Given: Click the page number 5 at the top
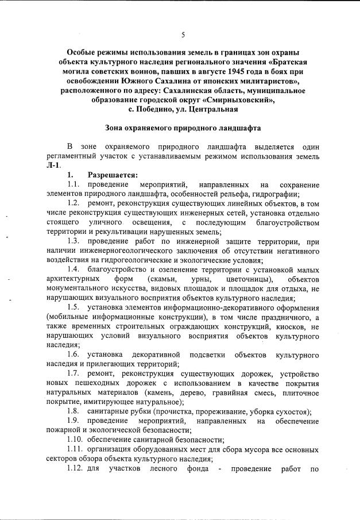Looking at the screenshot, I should coord(183,34).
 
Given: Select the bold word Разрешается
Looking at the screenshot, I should coord(113,175).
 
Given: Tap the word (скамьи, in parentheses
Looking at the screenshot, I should coord(165,279).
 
